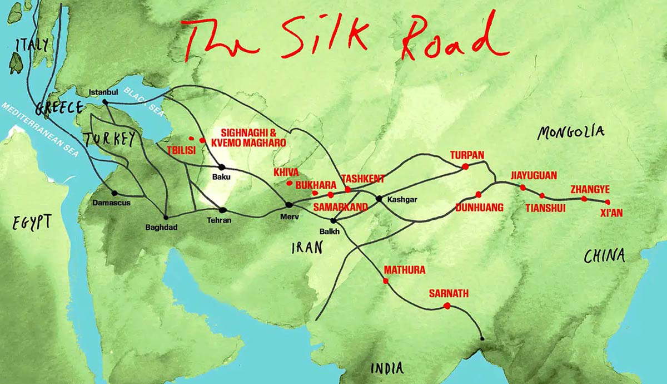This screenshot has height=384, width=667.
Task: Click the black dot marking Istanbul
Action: pos(105,102)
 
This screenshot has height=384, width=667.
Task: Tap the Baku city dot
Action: pos(221,167)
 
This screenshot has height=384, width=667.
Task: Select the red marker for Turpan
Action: pos(465,166)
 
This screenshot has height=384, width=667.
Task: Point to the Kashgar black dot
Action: pos(379,199)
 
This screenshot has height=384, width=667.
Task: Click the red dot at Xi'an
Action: pos(608,202)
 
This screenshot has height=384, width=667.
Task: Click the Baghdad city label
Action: pos(161,227)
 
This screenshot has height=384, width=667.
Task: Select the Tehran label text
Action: pos(220,220)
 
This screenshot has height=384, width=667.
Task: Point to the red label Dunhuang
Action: pos(479,208)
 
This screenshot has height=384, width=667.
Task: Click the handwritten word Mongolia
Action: pos(571,132)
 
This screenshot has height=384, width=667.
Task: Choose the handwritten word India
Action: pos(387,367)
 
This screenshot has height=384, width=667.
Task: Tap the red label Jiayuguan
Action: pos(534,176)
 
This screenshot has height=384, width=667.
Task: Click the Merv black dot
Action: pos(289,205)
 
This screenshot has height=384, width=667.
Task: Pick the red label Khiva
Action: pos(286,172)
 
